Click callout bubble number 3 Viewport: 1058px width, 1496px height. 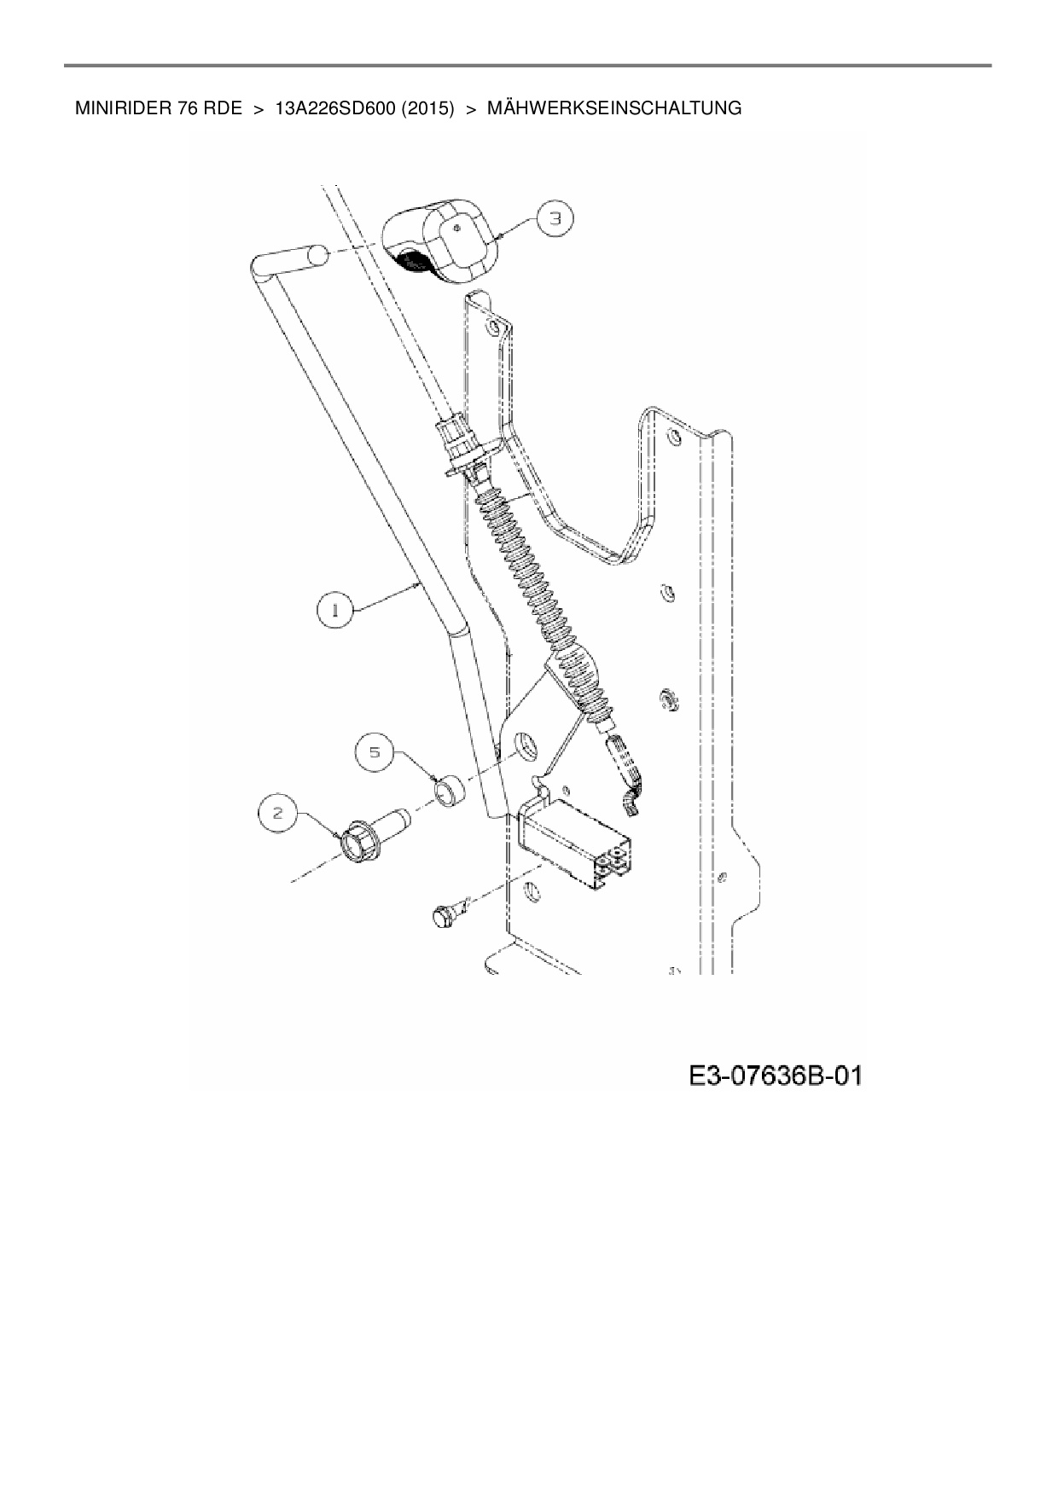555,219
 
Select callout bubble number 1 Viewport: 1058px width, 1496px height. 334,611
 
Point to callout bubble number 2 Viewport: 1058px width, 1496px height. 278,813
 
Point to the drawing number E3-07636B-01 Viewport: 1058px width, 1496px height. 776,1076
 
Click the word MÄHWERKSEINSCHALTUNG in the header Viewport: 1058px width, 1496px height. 613,108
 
